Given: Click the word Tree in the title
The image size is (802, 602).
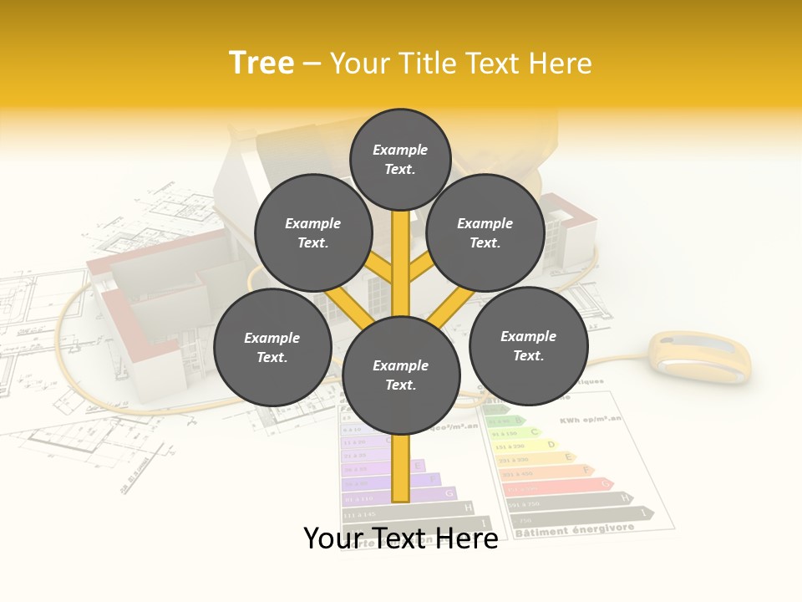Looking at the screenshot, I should (261, 63).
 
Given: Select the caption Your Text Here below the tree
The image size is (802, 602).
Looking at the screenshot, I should (400, 538).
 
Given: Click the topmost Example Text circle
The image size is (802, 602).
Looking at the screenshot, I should (400, 159).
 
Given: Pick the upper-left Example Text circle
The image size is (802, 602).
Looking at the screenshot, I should (312, 232).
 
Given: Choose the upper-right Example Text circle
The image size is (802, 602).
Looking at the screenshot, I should (485, 232).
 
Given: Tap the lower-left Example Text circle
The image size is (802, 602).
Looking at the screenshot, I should (272, 347).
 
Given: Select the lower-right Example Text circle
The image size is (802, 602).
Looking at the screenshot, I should (528, 345).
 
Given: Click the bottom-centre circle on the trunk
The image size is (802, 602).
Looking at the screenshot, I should (401, 375).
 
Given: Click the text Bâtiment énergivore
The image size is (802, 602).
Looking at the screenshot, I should (574, 530).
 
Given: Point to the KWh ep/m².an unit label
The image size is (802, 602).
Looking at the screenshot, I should (591, 419).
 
